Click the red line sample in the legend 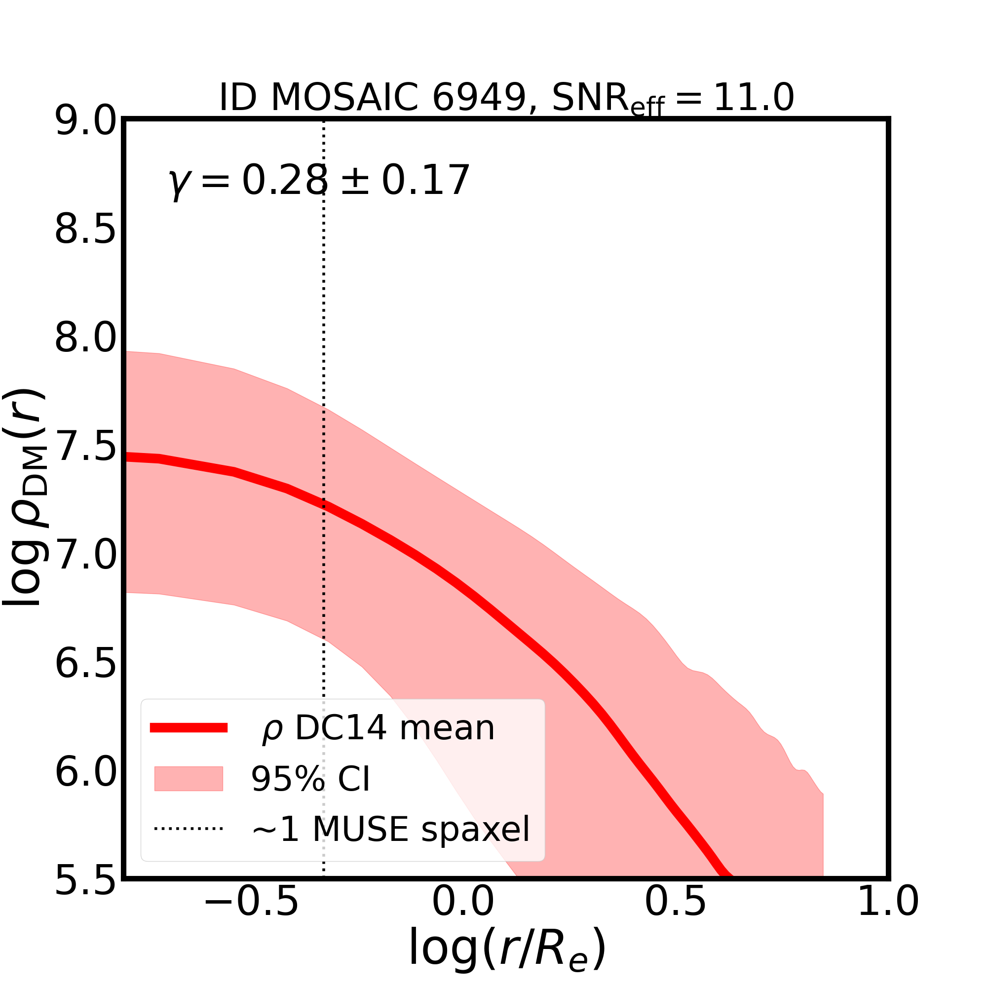tap(189, 728)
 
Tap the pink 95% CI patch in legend tap(189, 779)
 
